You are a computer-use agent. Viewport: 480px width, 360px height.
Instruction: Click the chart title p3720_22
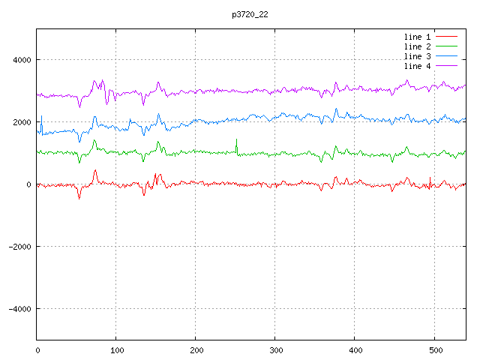[x=248, y=14]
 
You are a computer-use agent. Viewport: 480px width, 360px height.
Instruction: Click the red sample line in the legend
[x=446, y=36]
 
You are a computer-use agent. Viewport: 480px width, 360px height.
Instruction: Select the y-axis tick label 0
[x=28, y=184]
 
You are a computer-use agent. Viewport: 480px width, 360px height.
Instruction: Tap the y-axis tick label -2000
[x=19, y=247]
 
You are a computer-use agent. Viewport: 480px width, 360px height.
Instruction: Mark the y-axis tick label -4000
[x=19, y=309]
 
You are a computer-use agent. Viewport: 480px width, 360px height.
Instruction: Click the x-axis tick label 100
[x=116, y=349]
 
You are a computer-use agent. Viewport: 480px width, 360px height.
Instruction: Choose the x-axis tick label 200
[x=196, y=349]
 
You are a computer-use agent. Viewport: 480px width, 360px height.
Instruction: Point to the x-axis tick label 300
[x=275, y=349]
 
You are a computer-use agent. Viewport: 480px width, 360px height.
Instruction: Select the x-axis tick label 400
[x=355, y=349]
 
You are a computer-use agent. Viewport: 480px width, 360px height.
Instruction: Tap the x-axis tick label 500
[x=434, y=349]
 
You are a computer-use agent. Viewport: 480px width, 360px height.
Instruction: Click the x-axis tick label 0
[x=37, y=349]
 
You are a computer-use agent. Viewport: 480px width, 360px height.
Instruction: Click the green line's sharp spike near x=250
[x=236, y=140]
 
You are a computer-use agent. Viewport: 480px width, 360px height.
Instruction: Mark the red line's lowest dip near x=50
[x=79, y=197]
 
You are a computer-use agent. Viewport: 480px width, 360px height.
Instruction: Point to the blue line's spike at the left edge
[x=41, y=118]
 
